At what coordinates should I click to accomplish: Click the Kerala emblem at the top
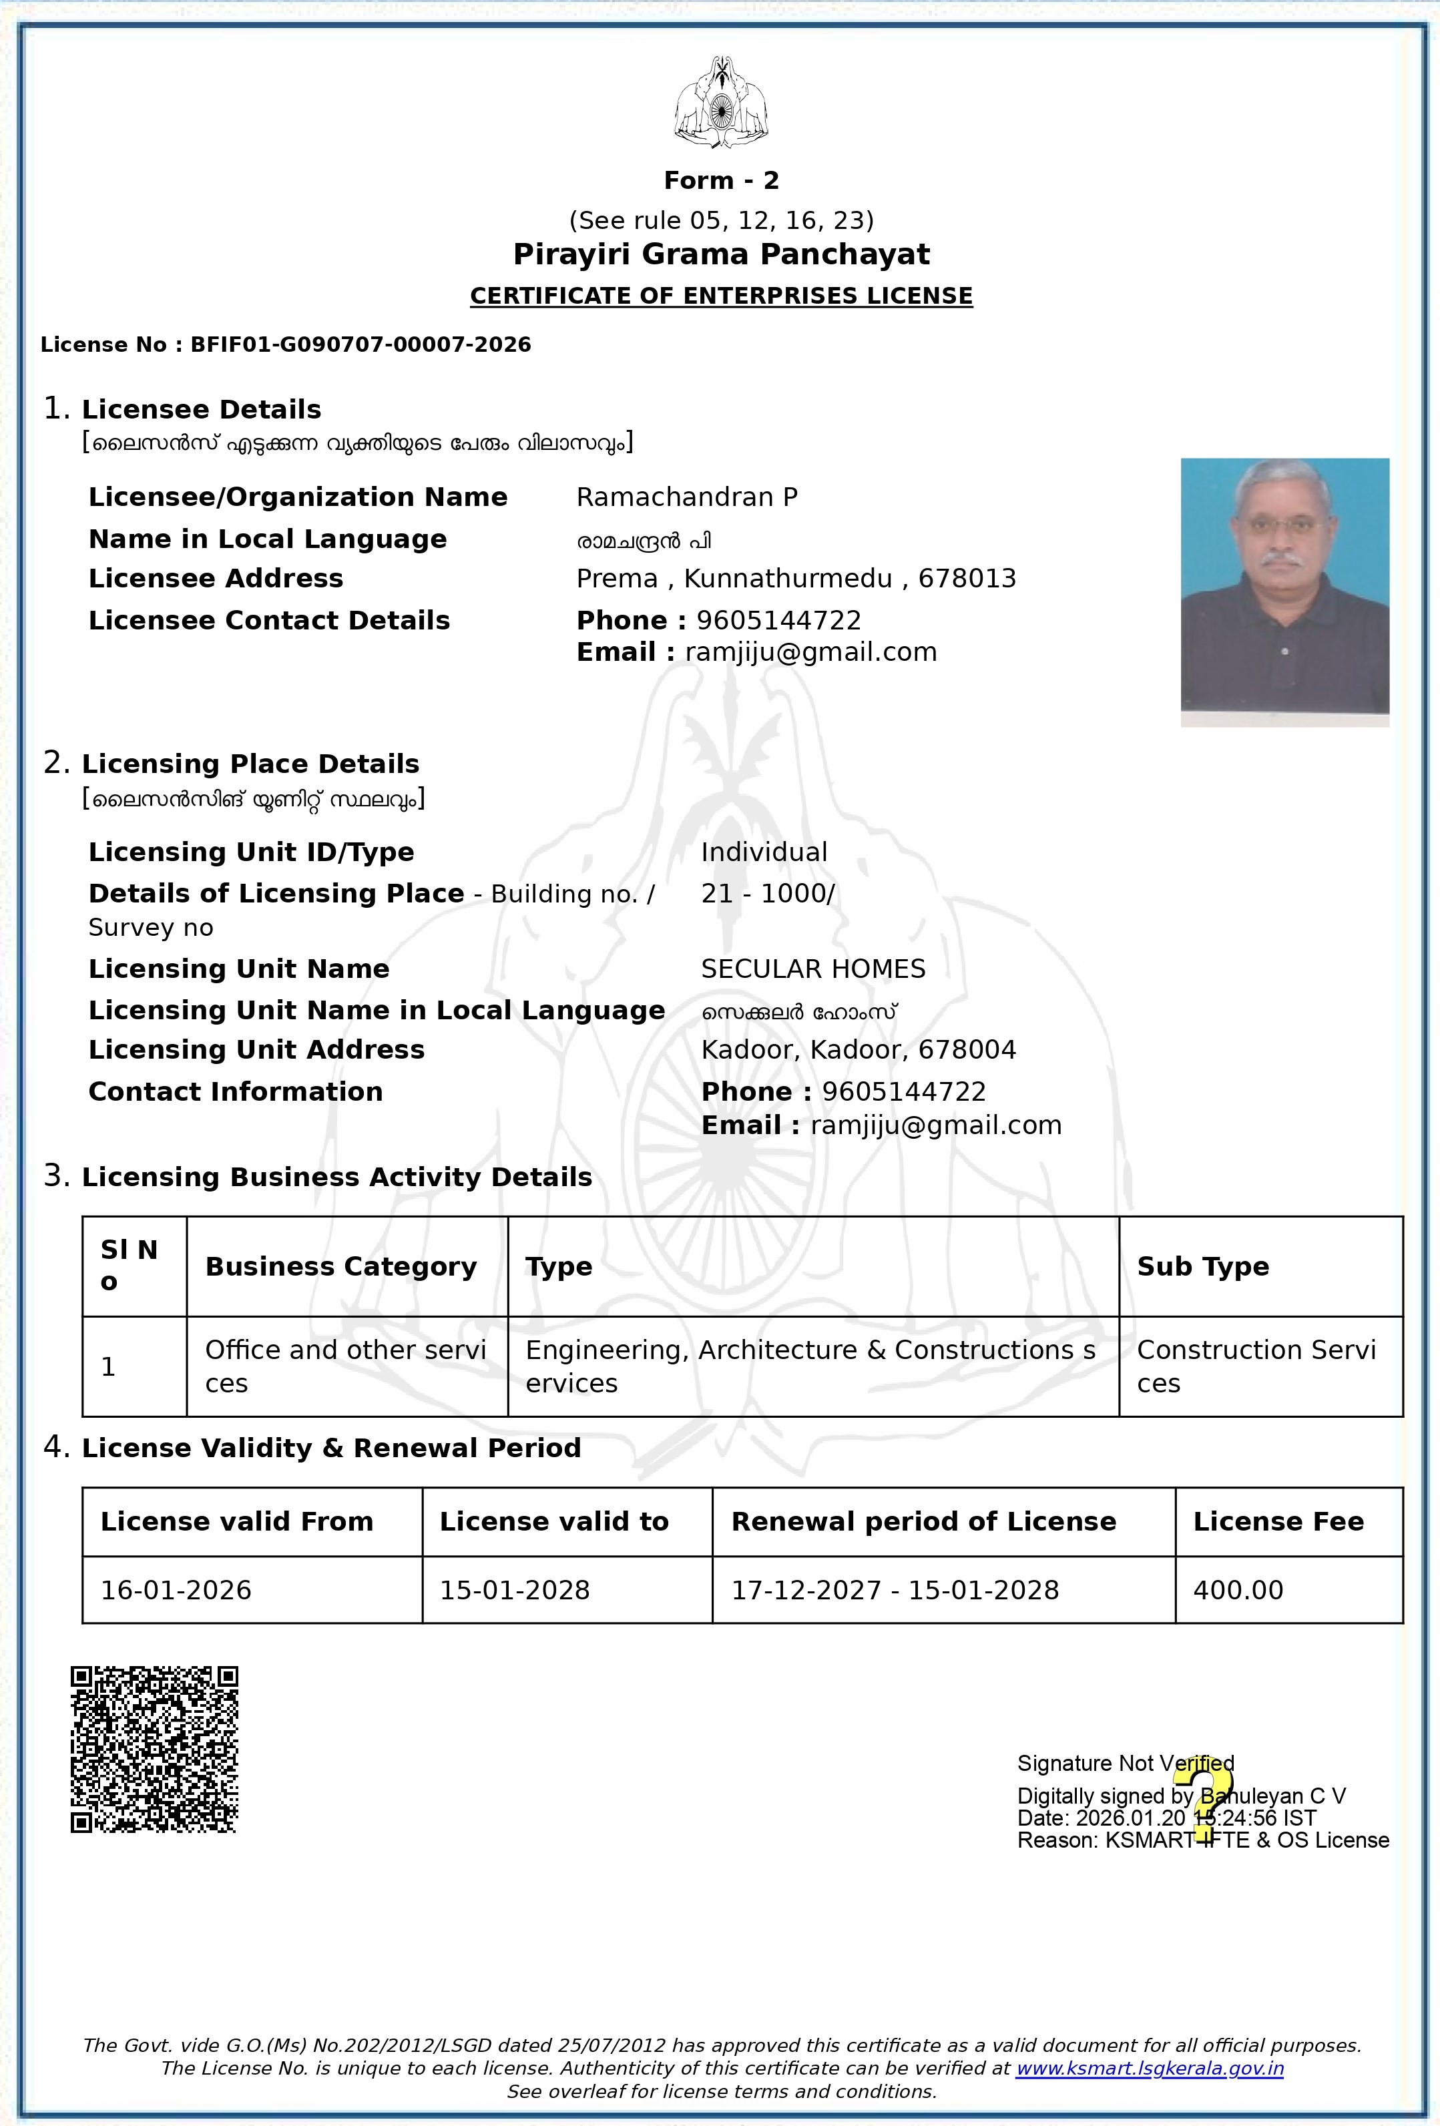pyautogui.click(x=721, y=102)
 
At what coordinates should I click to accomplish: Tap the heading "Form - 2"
pyautogui.click(x=721, y=180)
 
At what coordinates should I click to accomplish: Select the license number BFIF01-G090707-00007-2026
pyautogui.click(x=361, y=345)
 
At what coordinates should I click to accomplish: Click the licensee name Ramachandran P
pyautogui.click(x=687, y=497)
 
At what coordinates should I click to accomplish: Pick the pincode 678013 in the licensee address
pyautogui.click(x=967, y=578)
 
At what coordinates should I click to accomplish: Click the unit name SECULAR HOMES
pyautogui.click(x=813, y=969)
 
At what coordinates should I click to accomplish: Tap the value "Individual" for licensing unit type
pyautogui.click(x=764, y=852)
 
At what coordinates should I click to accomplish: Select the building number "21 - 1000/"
pyautogui.click(x=768, y=893)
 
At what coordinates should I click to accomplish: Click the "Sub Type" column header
pyautogui.click(x=1203, y=1266)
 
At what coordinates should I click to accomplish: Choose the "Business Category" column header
pyautogui.click(x=341, y=1266)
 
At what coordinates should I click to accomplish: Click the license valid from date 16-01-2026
pyautogui.click(x=176, y=1590)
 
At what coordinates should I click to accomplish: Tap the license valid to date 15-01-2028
pyautogui.click(x=515, y=1590)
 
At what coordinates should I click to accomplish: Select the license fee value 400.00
pyautogui.click(x=1238, y=1590)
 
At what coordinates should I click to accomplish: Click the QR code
pyautogui.click(x=155, y=1749)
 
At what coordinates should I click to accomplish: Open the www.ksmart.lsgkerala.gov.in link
pyautogui.click(x=1149, y=2069)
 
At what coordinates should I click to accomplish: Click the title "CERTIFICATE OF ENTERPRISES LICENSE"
pyautogui.click(x=721, y=296)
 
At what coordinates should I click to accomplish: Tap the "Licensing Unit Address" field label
pyautogui.click(x=256, y=1049)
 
